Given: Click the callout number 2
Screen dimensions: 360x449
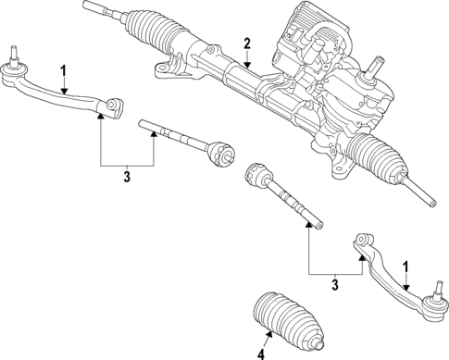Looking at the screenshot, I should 247,43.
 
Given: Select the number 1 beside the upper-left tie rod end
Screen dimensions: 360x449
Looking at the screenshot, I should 62,71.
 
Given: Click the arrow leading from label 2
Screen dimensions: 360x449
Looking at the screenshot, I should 247,57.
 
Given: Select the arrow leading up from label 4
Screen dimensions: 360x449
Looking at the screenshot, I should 261,340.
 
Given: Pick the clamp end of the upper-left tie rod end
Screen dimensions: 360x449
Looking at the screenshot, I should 114,108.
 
